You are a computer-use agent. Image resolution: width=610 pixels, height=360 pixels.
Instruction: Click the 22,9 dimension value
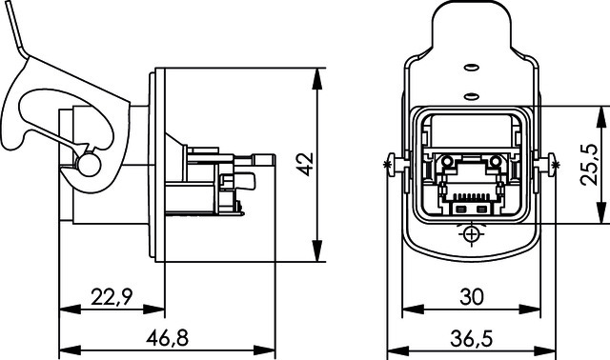click(x=112, y=296)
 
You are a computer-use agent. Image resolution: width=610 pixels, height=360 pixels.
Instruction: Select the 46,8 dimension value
click(x=168, y=337)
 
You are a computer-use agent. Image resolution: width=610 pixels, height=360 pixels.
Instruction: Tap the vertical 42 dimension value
click(x=305, y=165)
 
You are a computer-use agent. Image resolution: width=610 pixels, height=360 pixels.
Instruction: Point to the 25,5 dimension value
click(x=589, y=165)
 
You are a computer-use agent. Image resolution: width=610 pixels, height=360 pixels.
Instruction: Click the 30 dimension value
click(x=472, y=296)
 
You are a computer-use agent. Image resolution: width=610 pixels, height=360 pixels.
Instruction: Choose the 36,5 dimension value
click(x=472, y=338)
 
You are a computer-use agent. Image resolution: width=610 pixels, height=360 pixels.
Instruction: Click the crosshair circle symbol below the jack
click(x=472, y=234)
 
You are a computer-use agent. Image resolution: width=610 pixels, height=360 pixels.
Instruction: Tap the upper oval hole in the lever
click(x=472, y=68)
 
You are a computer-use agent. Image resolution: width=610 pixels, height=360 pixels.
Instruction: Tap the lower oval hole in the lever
click(x=472, y=95)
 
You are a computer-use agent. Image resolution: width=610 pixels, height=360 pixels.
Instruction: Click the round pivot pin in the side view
click(x=89, y=165)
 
